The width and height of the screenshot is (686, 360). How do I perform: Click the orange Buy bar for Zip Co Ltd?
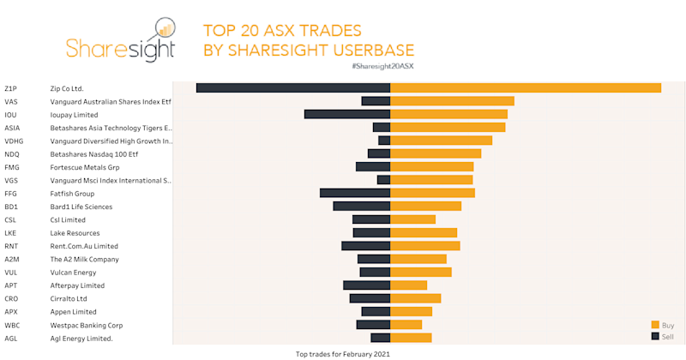(x=525, y=88)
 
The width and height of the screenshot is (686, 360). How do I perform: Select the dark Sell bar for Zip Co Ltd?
(x=293, y=88)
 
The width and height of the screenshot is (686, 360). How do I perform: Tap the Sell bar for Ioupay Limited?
(x=347, y=114)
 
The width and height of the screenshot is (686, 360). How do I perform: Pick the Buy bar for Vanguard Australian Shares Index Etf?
(x=452, y=101)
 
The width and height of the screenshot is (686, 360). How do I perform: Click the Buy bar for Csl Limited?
(x=412, y=219)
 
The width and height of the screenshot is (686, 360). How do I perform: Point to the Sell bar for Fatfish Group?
(x=355, y=193)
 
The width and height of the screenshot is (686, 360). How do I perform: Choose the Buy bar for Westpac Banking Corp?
(x=406, y=325)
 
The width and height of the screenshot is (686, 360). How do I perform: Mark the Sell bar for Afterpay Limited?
(x=366, y=285)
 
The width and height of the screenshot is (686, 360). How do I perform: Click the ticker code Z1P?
(x=10, y=88)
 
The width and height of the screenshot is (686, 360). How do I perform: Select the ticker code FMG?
(x=12, y=167)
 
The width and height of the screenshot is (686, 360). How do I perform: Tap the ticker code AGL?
(x=11, y=339)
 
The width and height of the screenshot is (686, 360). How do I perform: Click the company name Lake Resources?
(x=75, y=233)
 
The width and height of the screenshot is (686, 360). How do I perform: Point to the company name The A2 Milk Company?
(x=84, y=259)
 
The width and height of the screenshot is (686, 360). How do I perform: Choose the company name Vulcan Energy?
(x=73, y=273)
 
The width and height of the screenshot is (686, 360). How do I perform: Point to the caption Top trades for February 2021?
(x=342, y=353)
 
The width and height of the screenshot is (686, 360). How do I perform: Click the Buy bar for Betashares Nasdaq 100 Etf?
(x=436, y=153)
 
